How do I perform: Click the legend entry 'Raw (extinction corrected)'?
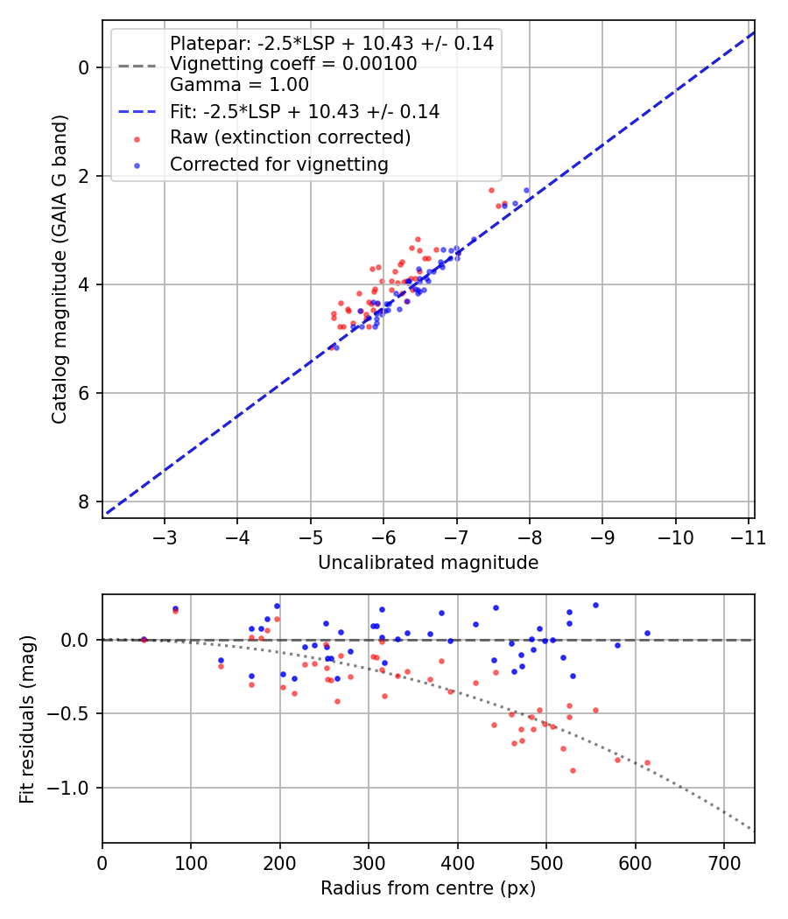click(290, 137)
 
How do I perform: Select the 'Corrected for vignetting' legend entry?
click(278, 164)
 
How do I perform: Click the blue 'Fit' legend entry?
click(304, 111)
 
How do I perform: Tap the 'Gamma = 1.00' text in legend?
click(239, 85)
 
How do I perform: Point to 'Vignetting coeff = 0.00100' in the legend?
click(293, 64)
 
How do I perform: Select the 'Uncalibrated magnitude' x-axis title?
click(427, 562)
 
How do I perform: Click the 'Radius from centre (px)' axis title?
click(427, 888)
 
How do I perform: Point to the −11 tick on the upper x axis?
click(747, 537)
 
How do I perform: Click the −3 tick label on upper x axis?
click(165, 537)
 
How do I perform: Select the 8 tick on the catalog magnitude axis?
click(84, 502)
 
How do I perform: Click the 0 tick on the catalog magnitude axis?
click(84, 67)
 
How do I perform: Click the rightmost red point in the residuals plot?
click(647, 762)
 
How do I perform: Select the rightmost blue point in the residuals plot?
click(647, 633)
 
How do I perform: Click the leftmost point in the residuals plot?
click(144, 640)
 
